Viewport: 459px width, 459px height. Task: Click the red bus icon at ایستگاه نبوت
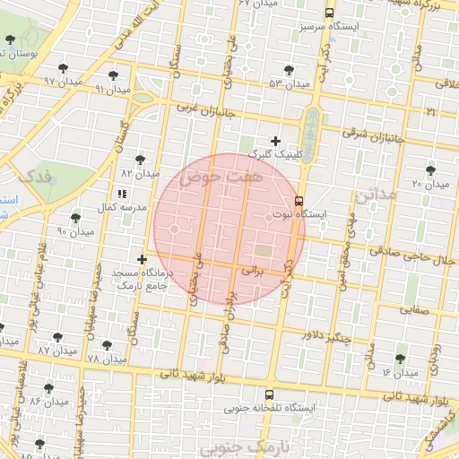299,201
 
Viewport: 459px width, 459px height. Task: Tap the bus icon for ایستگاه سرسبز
329,13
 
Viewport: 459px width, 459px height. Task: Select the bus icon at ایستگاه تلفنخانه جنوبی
269,394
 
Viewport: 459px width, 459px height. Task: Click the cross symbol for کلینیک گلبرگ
275,140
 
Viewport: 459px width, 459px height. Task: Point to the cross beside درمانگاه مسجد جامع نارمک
142,259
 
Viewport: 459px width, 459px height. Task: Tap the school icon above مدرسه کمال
121,194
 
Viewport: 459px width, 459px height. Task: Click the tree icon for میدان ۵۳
288,70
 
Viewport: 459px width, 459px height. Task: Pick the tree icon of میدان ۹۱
112,75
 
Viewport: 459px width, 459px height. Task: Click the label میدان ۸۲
140,172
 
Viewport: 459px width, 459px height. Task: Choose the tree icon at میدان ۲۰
431,169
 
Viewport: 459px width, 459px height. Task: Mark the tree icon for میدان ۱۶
400,359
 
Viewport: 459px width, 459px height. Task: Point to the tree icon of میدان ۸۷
58,337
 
